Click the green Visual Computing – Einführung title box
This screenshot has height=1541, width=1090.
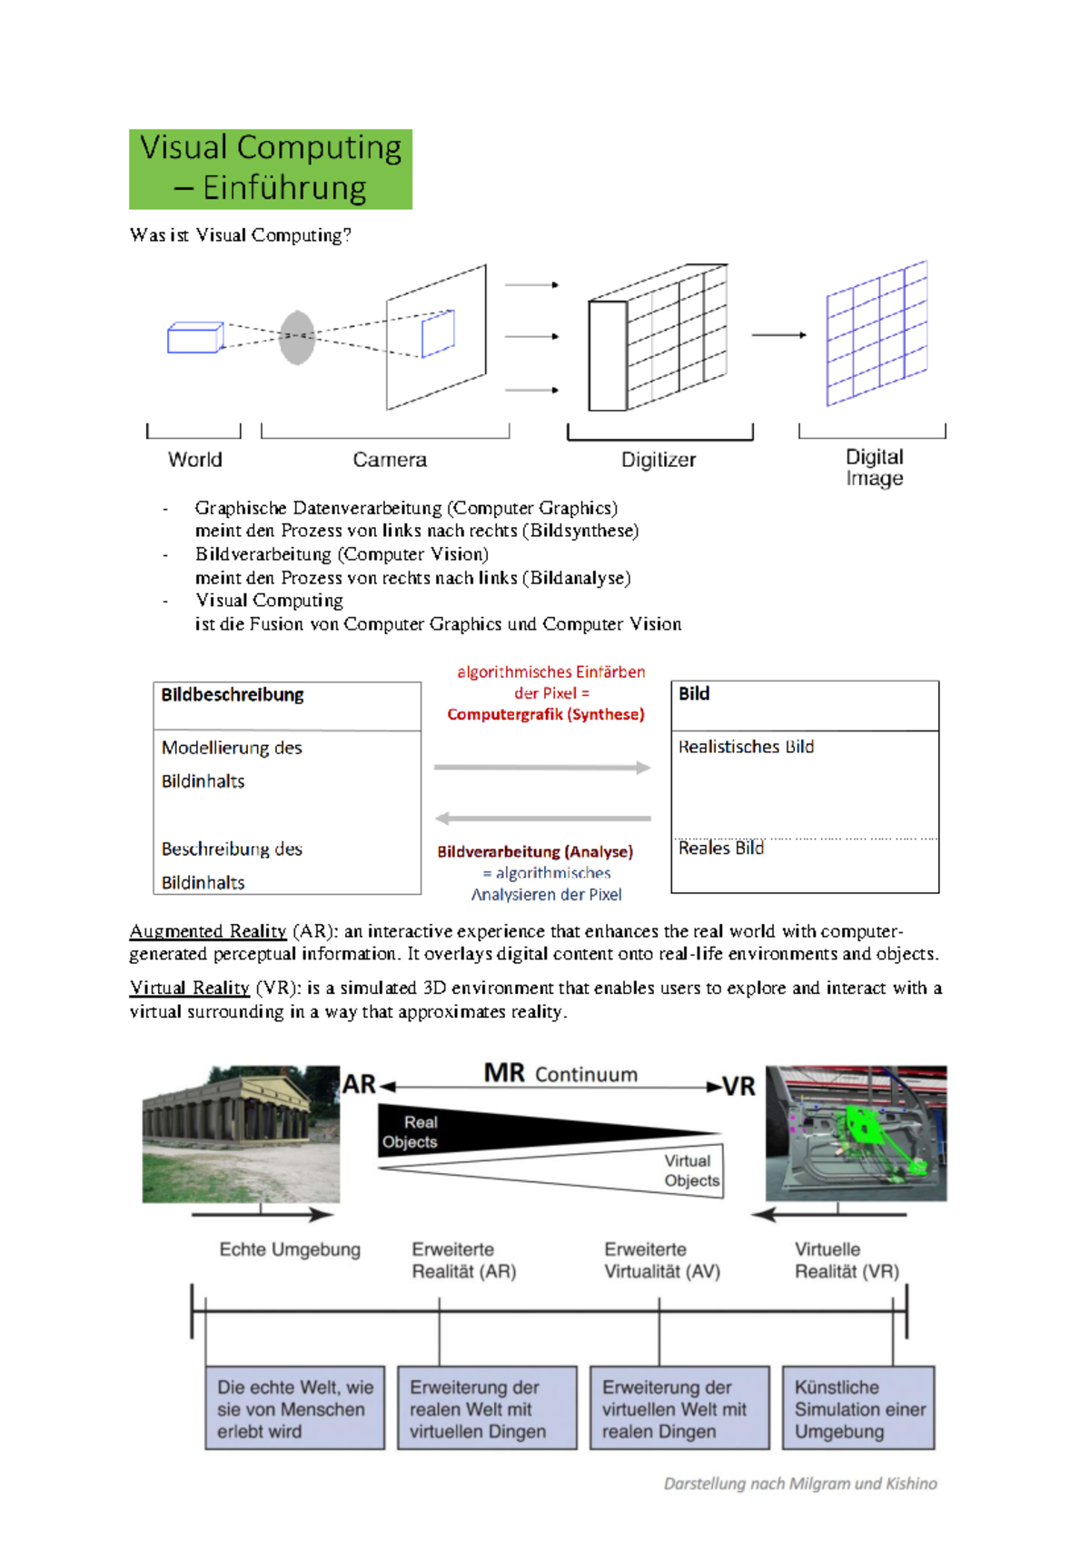271,169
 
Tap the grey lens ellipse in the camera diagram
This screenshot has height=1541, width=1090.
297,337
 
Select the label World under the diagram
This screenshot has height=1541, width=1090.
194,460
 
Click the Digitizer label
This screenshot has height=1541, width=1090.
658,460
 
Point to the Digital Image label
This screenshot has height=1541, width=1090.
874,467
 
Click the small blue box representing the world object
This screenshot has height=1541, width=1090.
194,337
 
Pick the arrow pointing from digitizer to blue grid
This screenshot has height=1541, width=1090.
778,335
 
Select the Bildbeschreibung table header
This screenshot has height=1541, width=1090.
233,695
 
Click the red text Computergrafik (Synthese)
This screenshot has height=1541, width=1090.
545,714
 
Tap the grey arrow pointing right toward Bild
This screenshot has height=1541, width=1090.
542,768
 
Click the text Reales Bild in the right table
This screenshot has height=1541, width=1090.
721,848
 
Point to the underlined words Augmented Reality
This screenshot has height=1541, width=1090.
208,931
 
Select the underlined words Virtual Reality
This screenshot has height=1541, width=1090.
190,988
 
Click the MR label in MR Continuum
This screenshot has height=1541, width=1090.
504,1073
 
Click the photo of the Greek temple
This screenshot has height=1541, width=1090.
241,1134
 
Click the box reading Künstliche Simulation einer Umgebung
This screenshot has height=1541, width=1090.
858,1408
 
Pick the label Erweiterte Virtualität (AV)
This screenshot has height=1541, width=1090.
661,1260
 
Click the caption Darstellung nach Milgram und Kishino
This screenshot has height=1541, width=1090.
799,1484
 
